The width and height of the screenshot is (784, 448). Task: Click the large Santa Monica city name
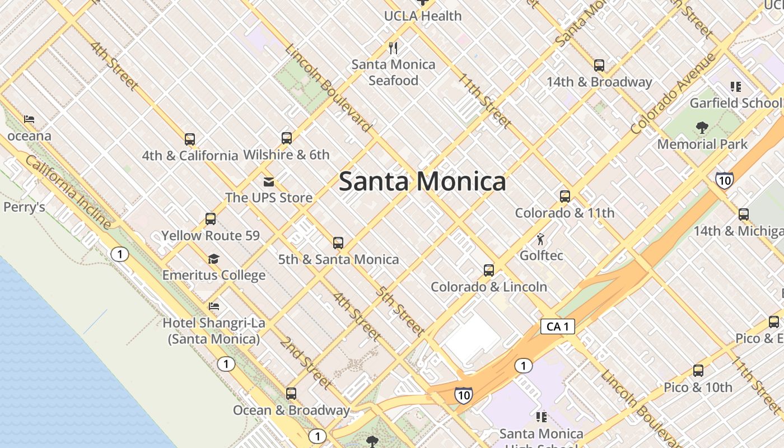coord(422,181)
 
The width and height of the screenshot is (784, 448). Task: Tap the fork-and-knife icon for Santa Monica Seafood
coord(393,48)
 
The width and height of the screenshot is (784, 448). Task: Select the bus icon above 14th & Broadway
coord(599,66)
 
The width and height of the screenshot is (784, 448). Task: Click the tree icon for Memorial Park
coord(702,128)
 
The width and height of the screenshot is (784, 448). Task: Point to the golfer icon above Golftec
coord(540,240)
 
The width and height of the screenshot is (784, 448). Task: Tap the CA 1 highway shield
coord(558,326)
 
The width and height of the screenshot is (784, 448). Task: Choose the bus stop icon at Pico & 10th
coord(698,371)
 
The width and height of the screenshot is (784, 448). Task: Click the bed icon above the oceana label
coord(29,119)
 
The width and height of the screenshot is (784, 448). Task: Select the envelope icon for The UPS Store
coord(269,181)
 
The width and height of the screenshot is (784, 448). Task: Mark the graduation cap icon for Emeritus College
coord(213,259)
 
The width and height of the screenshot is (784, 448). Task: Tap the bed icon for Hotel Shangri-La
coord(213,306)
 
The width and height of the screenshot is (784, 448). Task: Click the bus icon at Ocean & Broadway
coord(291,394)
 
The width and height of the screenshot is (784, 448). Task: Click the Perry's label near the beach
coord(24,207)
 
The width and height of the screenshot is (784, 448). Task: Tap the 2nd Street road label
coord(306,363)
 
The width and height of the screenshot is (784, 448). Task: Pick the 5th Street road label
coord(399,311)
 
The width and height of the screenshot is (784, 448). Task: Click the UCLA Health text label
coord(423,16)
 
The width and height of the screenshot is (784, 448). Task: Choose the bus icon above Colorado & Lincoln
coord(488,270)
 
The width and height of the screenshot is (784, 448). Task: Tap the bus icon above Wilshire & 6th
coord(287,138)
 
